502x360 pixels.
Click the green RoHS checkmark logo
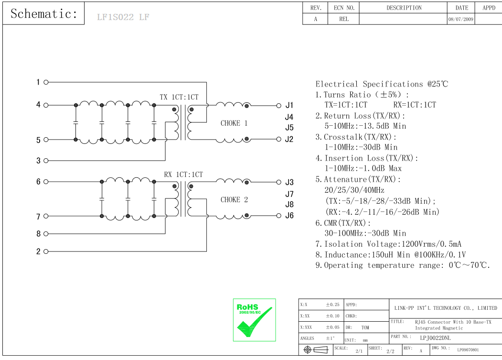(254, 320)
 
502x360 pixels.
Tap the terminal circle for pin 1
(46, 82)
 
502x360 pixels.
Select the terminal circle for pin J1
(279, 105)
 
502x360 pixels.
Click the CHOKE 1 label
(234, 123)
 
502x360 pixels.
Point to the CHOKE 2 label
(234, 200)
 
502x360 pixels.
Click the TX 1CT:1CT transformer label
(179, 98)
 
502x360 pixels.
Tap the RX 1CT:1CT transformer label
(183, 175)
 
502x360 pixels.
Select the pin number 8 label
(39, 234)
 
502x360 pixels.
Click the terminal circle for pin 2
(46, 251)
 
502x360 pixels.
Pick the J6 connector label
(289, 216)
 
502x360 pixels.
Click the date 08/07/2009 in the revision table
(461, 20)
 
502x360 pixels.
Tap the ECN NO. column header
(344, 8)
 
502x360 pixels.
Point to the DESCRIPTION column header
(404, 8)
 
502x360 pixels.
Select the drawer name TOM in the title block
(365, 328)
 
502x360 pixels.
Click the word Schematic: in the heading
(44, 14)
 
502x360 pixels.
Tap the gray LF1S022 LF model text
(123, 18)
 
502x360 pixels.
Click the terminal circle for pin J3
(279, 182)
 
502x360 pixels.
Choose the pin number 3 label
(39, 161)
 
